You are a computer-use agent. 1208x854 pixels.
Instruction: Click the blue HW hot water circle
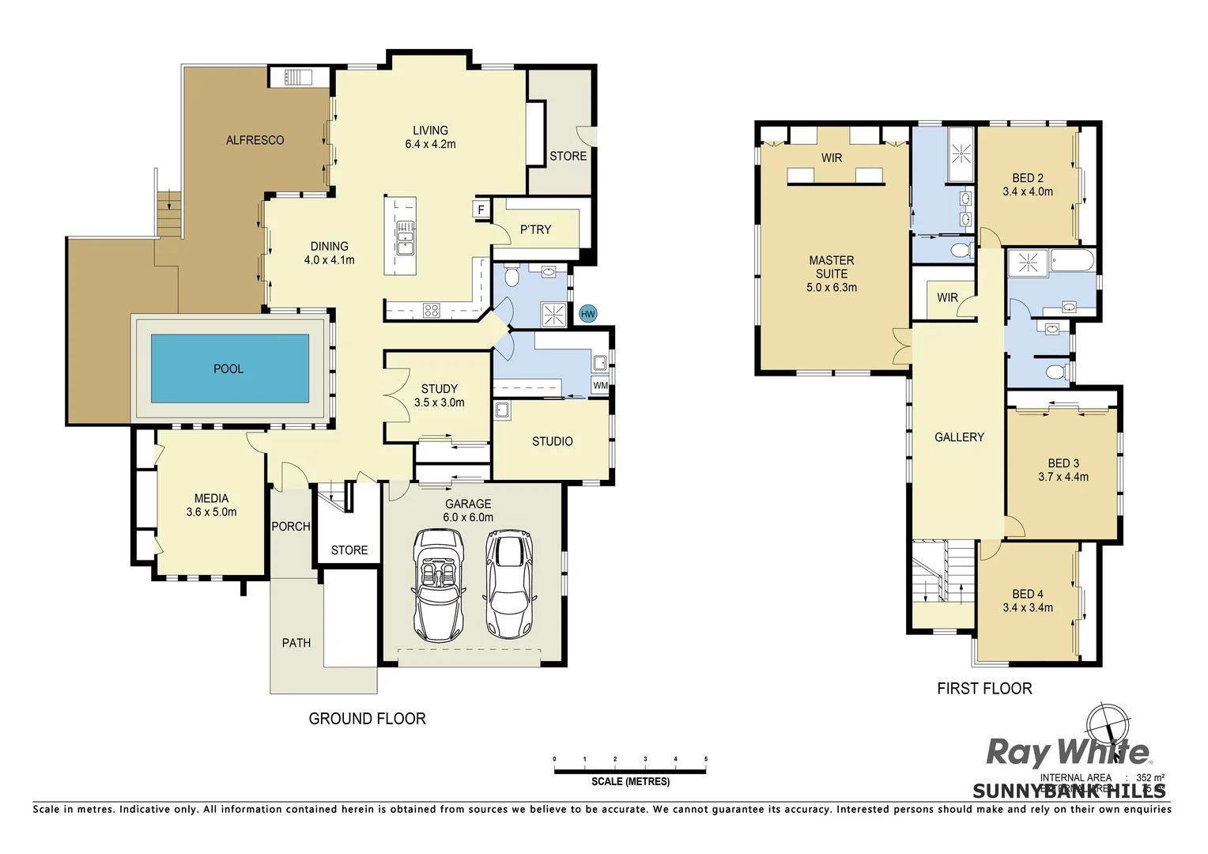pyautogui.click(x=587, y=314)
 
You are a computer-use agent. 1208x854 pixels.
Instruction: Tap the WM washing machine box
pyautogui.click(x=600, y=386)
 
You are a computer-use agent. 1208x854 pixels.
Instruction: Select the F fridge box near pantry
pyautogui.click(x=481, y=210)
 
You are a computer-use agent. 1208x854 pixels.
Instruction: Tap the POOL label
pyautogui.click(x=228, y=369)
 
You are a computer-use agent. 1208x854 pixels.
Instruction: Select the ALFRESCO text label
pyautogui.click(x=255, y=140)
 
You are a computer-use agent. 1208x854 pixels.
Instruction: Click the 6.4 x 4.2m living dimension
pyautogui.click(x=430, y=145)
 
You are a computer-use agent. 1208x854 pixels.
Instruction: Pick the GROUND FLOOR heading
pyautogui.click(x=367, y=719)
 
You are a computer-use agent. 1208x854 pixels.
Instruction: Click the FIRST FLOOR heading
pyautogui.click(x=984, y=689)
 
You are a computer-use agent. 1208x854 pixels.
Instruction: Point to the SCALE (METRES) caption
pyautogui.click(x=630, y=782)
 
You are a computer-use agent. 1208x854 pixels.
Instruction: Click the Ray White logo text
pyautogui.click(x=1067, y=752)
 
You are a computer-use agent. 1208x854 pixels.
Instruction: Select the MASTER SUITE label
pyautogui.click(x=832, y=266)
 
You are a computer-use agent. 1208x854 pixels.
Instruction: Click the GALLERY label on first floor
pyautogui.click(x=959, y=437)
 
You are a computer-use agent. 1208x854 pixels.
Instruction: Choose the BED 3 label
pyautogui.click(x=1063, y=463)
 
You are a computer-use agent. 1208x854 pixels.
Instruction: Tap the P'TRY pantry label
pyautogui.click(x=535, y=229)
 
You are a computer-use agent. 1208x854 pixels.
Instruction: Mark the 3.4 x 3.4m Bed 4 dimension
pyautogui.click(x=1028, y=608)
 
